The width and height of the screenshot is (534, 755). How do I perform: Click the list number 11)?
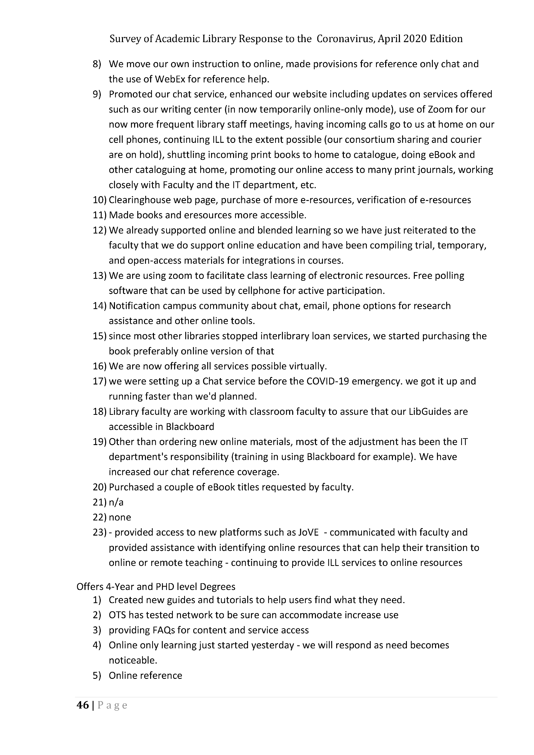click(99, 215)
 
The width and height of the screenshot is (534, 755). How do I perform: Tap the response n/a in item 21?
click(116, 502)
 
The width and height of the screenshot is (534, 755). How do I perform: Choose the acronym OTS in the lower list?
click(117, 615)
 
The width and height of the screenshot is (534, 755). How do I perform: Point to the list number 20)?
click(99, 487)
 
